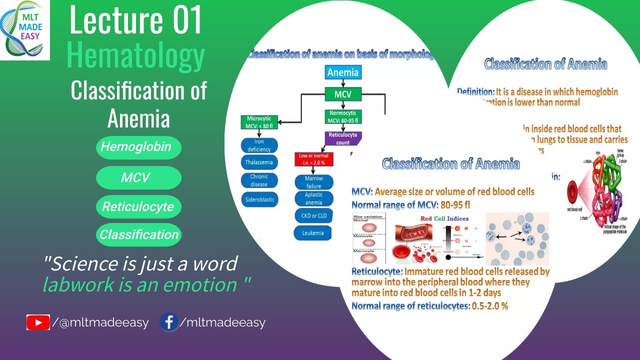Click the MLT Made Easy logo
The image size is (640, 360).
click(25, 30)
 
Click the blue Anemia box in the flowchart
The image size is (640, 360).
click(342, 72)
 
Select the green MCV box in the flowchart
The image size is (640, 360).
click(342, 93)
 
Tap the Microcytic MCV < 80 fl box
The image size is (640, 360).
click(259, 122)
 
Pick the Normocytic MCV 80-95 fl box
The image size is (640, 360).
click(342, 117)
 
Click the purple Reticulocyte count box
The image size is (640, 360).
click(342, 138)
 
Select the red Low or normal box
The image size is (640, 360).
click(313, 159)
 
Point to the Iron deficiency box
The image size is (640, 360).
click(259, 145)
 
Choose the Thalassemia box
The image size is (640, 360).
click(259, 162)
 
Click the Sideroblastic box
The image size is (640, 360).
click(259, 199)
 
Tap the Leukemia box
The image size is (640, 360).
click(313, 233)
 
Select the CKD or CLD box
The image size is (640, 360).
click(313, 215)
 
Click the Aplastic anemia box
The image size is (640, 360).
click(313, 198)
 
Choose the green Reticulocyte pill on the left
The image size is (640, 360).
click(138, 207)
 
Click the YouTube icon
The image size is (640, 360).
click(38, 323)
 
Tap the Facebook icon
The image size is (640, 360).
click(169, 322)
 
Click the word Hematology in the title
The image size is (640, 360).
click(135, 56)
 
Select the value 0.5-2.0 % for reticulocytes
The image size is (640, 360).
click(489, 306)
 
